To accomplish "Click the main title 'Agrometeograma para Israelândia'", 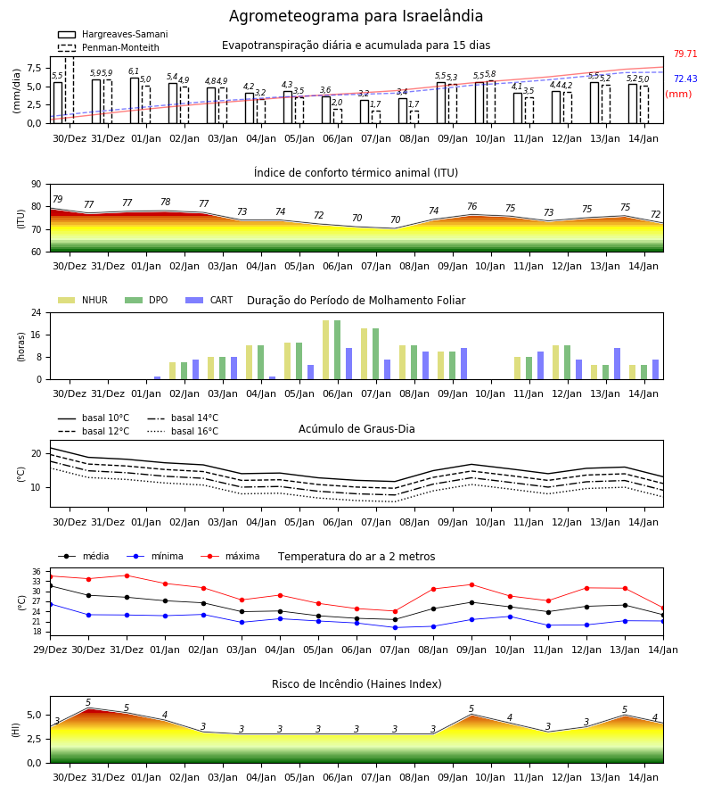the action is click(356, 16).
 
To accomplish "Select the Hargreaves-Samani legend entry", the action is click(113, 34).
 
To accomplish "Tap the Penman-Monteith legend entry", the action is click(109, 47).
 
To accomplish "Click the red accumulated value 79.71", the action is click(685, 54).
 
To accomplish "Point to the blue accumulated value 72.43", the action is click(685, 79).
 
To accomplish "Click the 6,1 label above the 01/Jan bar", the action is click(134, 71).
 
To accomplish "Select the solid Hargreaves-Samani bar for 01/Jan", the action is click(135, 101).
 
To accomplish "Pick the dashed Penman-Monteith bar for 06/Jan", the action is click(338, 116).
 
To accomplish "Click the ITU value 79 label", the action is click(57, 199).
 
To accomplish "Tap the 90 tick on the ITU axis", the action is click(37, 185).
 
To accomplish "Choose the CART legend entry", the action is click(209, 300).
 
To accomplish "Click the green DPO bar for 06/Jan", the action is click(338, 350).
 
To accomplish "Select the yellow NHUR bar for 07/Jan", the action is click(365, 354).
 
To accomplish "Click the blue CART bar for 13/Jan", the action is click(618, 364).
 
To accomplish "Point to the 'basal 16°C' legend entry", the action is click(183, 431).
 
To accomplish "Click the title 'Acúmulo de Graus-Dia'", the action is click(356, 429).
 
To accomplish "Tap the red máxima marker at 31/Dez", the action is click(127, 575).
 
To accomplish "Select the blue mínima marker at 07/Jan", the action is click(395, 627).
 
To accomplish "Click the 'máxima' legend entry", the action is click(231, 556).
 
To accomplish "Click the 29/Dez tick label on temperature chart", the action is click(50, 650).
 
